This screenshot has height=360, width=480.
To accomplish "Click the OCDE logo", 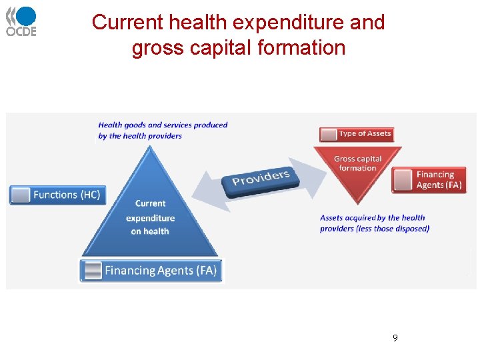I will pyautogui.click(x=21, y=21).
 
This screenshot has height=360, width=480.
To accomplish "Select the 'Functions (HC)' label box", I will pyautogui.click(x=58, y=195).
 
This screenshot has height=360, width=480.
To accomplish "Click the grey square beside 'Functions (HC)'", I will pyautogui.click(x=21, y=195).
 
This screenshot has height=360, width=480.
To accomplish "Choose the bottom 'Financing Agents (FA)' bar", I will pyautogui.click(x=152, y=271).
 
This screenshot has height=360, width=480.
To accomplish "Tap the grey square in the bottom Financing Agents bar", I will pyautogui.click(x=93, y=271).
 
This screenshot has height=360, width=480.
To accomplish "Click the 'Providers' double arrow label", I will pyautogui.click(x=261, y=179).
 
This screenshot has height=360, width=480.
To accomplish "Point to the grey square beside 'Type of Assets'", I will pyautogui.click(x=329, y=134).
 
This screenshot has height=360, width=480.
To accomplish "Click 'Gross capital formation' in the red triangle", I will pyautogui.click(x=357, y=163).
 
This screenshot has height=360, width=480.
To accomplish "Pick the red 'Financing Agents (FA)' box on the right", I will pyautogui.click(x=430, y=180).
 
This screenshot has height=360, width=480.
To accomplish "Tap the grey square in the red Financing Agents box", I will pyautogui.click(x=402, y=180).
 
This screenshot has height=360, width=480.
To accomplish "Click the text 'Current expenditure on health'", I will pyautogui.click(x=150, y=217).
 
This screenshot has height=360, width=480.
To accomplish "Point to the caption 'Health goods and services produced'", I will pyautogui.click(x=163, y=125).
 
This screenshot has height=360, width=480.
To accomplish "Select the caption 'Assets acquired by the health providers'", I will pyautogui.click(x=373, y=223).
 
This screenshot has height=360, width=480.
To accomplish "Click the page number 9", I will pyautogui.click(x=395, y=338).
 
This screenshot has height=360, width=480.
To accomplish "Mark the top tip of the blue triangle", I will pyautogui.click(x=150, y=145).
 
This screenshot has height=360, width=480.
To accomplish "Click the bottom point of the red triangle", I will pyautogui.click(x=358, y=203).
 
